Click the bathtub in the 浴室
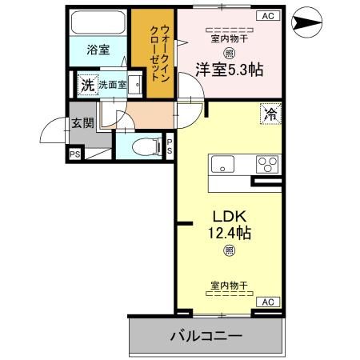98,22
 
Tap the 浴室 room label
98,50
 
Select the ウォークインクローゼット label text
159,53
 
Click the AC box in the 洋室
268,16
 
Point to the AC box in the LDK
268,302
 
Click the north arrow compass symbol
306,22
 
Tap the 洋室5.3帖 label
230,70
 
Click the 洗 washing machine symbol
88,85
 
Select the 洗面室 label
113,85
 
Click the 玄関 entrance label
82,123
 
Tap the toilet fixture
147,146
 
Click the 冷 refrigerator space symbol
270,114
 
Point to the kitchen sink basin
222,164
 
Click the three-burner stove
267,164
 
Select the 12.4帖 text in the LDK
230,233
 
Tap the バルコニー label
206,335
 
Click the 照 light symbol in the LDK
229,250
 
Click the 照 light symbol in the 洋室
229,54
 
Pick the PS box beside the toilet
170,146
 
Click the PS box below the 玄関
75,154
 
